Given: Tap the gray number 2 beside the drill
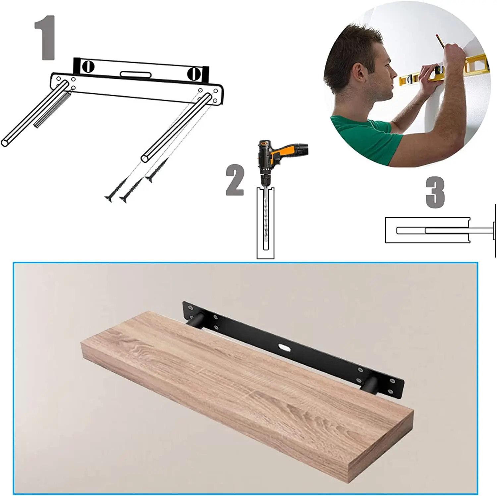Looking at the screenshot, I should (x=235, y=180).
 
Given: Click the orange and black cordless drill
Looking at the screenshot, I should (x=278, y=156).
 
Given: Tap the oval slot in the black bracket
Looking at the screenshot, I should (x=284, y=347).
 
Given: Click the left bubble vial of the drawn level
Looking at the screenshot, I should (x=88, y=67).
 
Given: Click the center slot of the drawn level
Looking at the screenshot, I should (x=136, y=75).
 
